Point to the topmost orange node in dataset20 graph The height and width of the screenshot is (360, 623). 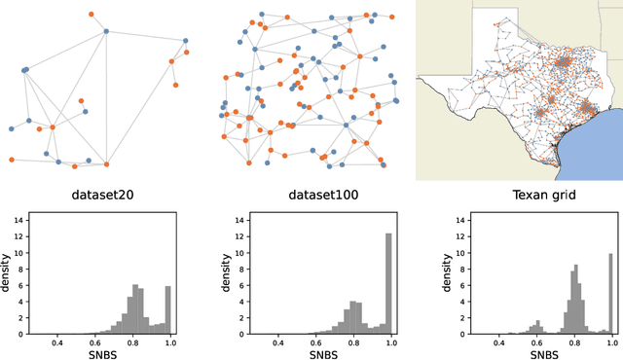pyautogui.click(x=91, y=15)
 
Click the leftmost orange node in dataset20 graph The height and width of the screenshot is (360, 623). pyautogui.click(x=11, y=159)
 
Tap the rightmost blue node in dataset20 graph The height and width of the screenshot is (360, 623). pyautogui.click(x=186, y=41)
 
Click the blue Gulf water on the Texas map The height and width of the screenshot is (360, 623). pyautogui.click(x=594, y=146)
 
